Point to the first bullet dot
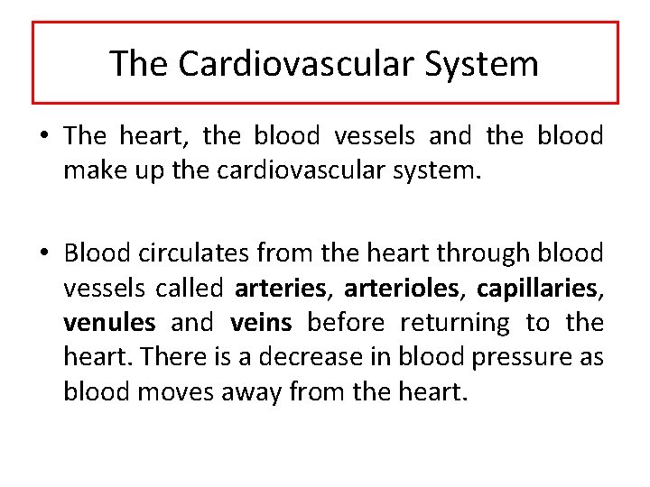(43, 137)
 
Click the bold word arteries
(280, 289)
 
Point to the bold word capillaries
(538, 289)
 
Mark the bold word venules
(108, 322)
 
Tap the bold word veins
(261, 322)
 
